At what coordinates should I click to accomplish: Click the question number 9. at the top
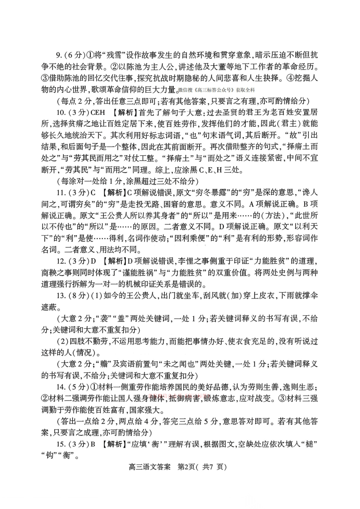click(60, 56)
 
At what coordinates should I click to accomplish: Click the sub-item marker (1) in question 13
click(97, 296)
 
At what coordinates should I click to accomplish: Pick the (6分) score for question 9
click(74, 56)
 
